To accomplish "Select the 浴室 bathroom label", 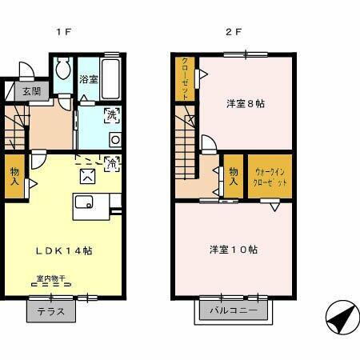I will pos(88,79).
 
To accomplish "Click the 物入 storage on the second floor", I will pos(233,176).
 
